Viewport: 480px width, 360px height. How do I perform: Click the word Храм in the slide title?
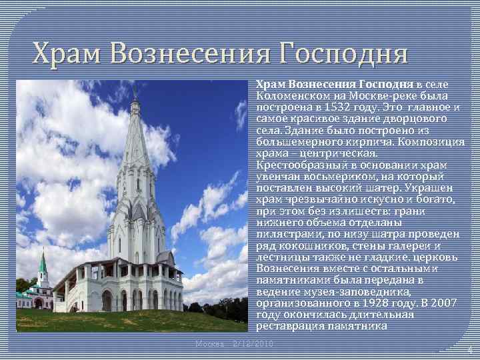tap(70, 52)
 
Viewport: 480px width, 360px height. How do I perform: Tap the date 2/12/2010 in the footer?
tap(254, 343)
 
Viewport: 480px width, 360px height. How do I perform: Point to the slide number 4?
tap(469, 350)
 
